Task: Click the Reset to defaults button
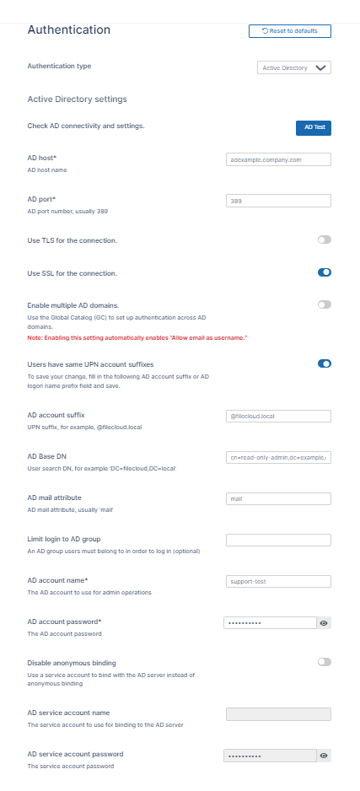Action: tap(289, 31)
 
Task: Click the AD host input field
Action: tap(278, 159)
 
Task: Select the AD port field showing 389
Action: tap(278, 201)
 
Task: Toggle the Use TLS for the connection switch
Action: tap(324, 240)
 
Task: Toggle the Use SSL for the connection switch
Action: tap(324, 272)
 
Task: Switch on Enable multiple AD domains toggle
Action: tap(324, 304)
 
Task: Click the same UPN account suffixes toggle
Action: tap(324, 363)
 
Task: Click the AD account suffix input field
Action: tap(278, 416)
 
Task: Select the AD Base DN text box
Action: tap(278, 457)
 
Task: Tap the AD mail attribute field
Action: tap(278, 498)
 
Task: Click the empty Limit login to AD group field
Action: tap(278, 540)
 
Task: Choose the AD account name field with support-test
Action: tap(278, 581)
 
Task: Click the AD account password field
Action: tap(270, 622)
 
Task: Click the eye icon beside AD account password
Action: tap(324, 622)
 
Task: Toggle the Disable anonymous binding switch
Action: tap(324, 662)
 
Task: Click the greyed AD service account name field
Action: tap(278, 714)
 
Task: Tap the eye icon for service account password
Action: tap(324, 756)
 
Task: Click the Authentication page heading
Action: tap(69, 30)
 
